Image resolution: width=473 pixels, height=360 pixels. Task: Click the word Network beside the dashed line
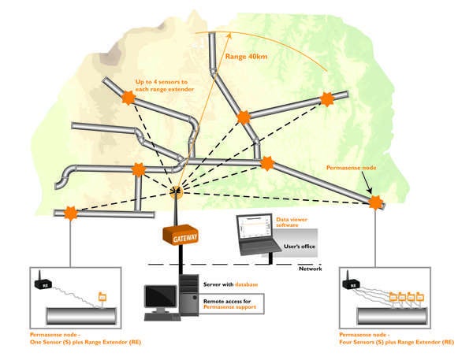coord(311,269)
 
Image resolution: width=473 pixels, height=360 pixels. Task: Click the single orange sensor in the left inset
coord(101,297)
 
